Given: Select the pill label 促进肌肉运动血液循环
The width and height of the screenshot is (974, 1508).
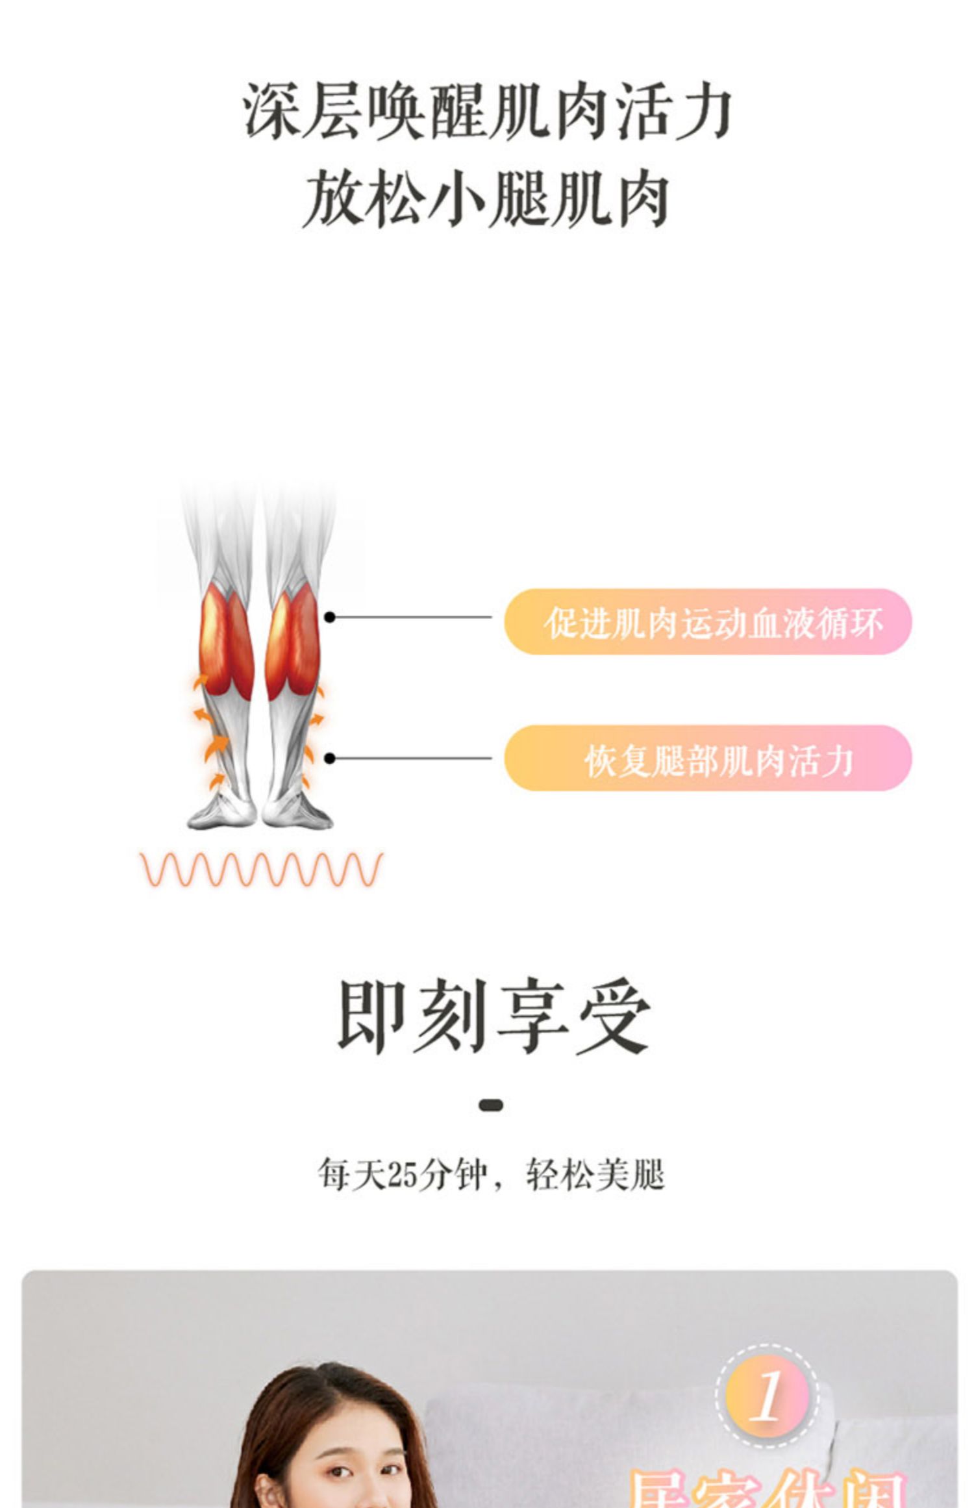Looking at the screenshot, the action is (x=713, y=622).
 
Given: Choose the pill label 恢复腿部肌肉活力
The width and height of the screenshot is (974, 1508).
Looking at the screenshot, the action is (x=718, y=760).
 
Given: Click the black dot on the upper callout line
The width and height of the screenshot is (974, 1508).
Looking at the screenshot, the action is (x=330, y=617).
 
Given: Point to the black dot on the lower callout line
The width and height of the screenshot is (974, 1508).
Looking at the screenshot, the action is (x=330, y=758).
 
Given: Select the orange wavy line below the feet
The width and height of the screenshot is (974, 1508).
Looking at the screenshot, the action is (x=262, y=870).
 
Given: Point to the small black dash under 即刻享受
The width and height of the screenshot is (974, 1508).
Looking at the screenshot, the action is (x=491, y=1105).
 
